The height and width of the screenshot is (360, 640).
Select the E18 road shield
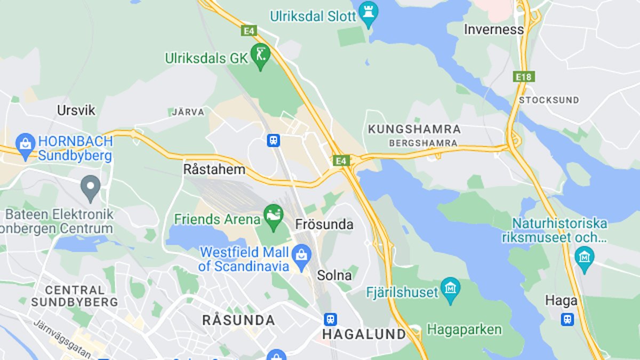pos(524,77)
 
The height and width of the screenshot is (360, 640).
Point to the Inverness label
pos(493,29)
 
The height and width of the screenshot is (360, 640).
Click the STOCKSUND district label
pos(549,100)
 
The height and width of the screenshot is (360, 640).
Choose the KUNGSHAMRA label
pos(414,129)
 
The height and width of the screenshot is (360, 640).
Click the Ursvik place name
pos(76,110)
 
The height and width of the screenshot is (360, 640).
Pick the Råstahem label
pos(214,170)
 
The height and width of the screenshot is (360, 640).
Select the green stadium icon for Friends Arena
pos(274,216)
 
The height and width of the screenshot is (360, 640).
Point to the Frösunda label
pos(324,225)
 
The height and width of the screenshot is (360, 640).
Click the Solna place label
pos(334,275)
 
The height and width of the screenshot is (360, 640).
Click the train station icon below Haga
pos(567,319)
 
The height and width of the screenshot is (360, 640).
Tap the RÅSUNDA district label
pos(238,320)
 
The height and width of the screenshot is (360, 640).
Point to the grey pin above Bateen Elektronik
pos(91,186)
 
